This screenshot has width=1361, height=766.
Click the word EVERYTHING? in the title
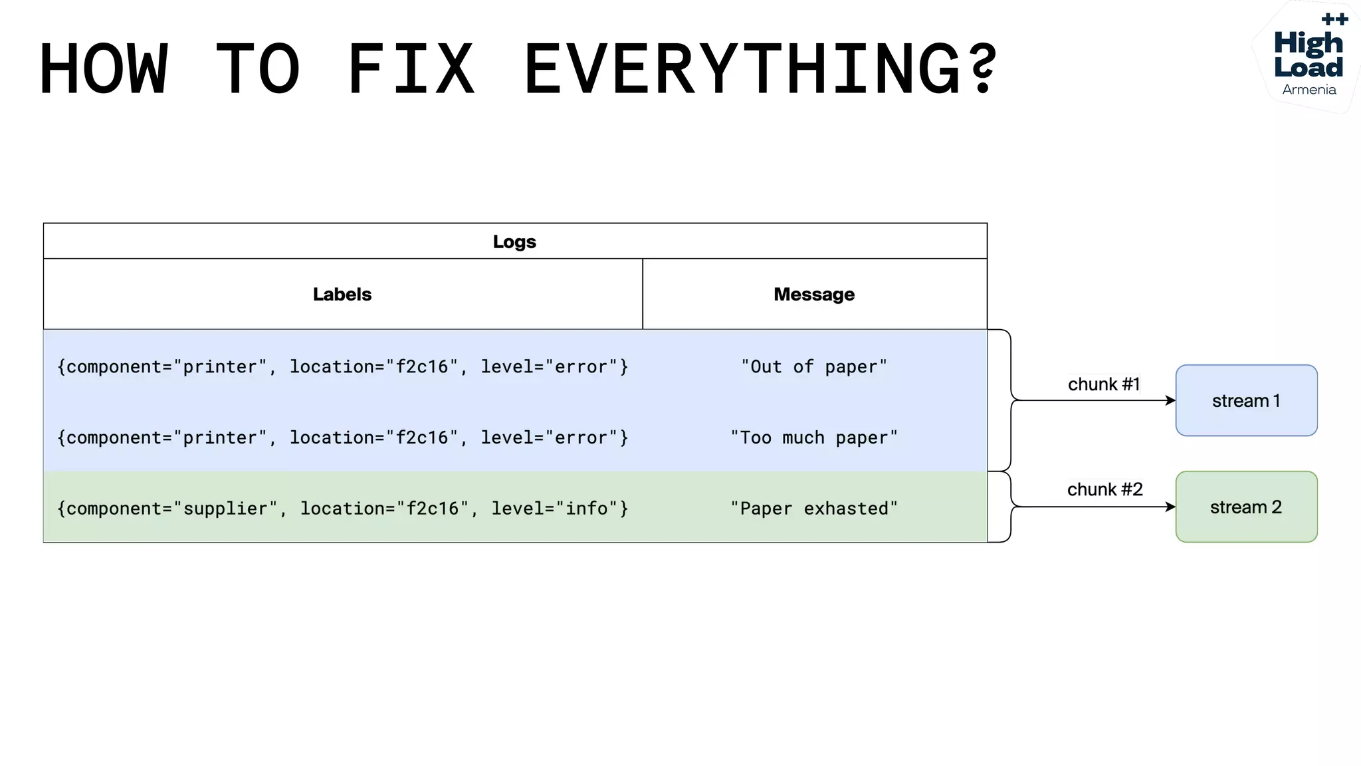[761, 68]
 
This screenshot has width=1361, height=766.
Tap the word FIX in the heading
[411, 68]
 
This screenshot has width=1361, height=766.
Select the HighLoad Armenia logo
[1308, 57]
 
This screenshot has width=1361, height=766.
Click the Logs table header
[514, 241]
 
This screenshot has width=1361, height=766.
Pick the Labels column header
[342, 294]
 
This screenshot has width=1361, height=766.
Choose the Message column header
[814, 294]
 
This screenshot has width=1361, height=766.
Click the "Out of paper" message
[814, 366]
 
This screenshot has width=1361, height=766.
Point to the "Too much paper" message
[814, 438]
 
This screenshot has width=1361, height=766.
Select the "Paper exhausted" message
[814, 509]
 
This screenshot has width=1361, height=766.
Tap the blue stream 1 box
[1246, 400]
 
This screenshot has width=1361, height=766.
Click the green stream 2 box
[1246, 507]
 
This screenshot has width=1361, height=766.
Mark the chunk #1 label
[1104, 384]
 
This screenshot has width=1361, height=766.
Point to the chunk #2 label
[1104, 489]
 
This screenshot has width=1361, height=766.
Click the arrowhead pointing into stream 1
[1171, 400]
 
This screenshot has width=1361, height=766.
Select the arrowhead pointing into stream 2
[1171, 507]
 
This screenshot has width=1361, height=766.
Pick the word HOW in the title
[104, 68]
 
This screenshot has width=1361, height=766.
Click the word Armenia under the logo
[1309, 90]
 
